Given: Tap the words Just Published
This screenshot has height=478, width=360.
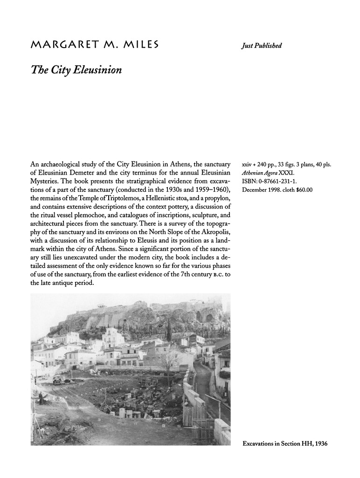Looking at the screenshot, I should [262, 46].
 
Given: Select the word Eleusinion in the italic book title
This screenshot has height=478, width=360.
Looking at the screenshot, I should [97, 70].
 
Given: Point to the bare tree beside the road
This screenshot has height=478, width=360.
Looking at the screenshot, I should [170, 359].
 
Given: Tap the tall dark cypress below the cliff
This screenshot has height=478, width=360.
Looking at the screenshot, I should [169, 329].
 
